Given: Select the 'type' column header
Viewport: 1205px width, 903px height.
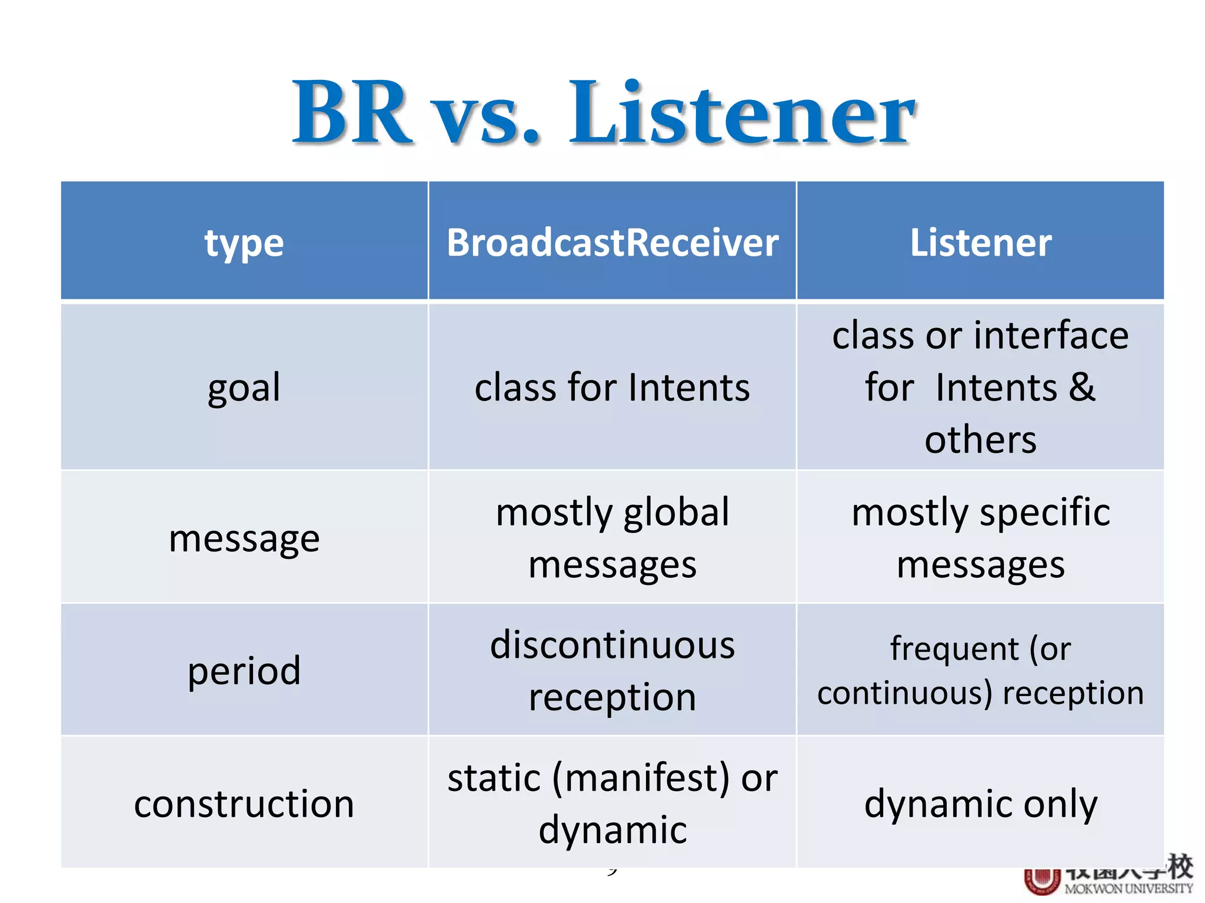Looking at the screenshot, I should pyautogui.click(x=244, y=242).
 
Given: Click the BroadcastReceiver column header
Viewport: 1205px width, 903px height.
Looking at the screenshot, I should pyautogui.click(x=612, y=242).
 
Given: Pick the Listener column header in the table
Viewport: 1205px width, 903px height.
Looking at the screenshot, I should pyautogui.click(x=981, y=242).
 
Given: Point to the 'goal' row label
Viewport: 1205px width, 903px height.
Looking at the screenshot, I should pyautogui.click(x=244, y=387).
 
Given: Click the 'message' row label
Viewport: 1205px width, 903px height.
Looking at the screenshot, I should pyautogui.click(x=244, y=538).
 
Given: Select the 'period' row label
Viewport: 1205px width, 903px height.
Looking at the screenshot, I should pyautogui.click(x=244, y=670).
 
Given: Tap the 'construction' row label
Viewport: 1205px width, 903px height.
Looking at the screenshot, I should pyautogui.click(x=244, y=804).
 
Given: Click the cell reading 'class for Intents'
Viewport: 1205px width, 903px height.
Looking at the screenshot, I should pyautogui.click(x=612, y=387).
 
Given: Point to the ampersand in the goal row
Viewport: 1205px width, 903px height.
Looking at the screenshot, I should pyautogui.click(x=1081, y=387).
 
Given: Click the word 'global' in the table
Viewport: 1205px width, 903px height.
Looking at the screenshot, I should pyautogui.click(x=675, y=512).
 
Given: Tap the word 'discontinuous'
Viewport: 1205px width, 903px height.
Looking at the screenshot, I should pyautogui.click(x=612, y=645).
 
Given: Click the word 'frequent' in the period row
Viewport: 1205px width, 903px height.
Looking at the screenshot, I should pyautogui.click(x=954, y=649).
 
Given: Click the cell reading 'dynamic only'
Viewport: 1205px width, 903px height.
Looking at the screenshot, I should pyautogui.click(x=981, y=804).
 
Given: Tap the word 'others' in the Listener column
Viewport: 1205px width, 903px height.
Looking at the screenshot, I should pyautogui.click(x=981, y=439).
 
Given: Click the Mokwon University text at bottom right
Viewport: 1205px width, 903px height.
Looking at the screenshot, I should pyautogui.click(x=1128, y=888).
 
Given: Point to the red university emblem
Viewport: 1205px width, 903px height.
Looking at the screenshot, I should pyautogui.click(x=1042, y=881).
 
